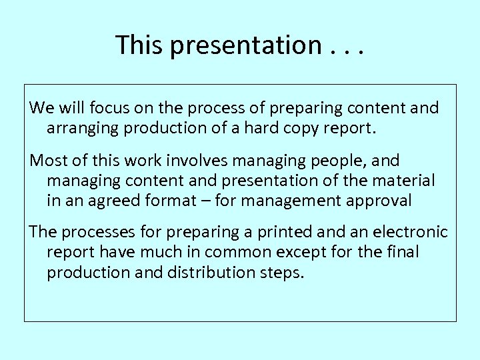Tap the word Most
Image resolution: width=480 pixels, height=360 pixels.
point(46,161)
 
